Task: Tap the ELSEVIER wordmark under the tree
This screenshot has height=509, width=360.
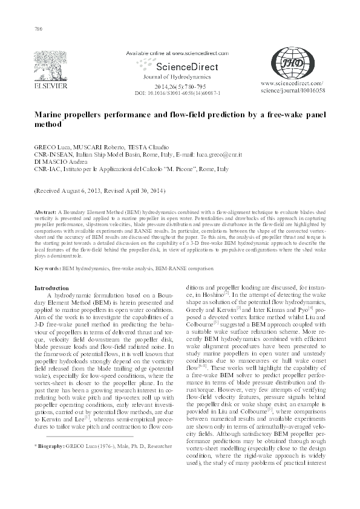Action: pos(46,86)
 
